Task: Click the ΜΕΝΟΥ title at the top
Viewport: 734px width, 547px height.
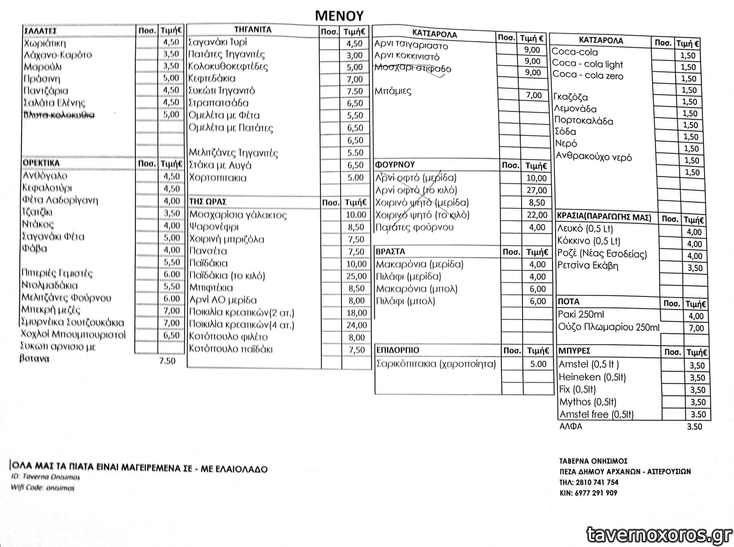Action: point(339,15)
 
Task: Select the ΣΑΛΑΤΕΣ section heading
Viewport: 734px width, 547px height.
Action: point(40,31)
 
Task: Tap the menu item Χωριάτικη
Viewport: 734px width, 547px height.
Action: point(45,43)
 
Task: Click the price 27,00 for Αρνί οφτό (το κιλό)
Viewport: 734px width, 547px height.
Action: point(536,190)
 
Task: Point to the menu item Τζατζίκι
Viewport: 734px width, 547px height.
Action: point(37,212)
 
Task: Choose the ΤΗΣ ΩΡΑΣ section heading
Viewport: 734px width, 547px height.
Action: point(207,202)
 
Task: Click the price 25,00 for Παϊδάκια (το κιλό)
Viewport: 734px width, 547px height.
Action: point(356,276)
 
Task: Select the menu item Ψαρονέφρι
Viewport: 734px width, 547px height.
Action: point(214,227)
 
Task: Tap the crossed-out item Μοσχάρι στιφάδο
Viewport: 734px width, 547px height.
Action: point(412,69)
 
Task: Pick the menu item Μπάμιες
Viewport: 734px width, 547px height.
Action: point(393,91)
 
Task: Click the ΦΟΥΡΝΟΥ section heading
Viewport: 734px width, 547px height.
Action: point(395,165)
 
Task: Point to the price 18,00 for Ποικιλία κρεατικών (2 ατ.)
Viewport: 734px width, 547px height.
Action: point(356,313)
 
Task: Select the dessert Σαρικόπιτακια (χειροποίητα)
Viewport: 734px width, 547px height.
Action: point(436,364)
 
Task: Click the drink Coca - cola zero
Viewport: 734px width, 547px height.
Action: point(587,75)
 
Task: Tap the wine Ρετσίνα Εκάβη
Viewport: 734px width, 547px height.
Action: point(587,265)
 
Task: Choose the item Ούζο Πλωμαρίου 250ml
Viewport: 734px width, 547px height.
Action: point(609,327)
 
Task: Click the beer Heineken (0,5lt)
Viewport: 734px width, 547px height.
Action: point(592,377)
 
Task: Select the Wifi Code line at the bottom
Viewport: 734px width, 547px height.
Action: point(43,488)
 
